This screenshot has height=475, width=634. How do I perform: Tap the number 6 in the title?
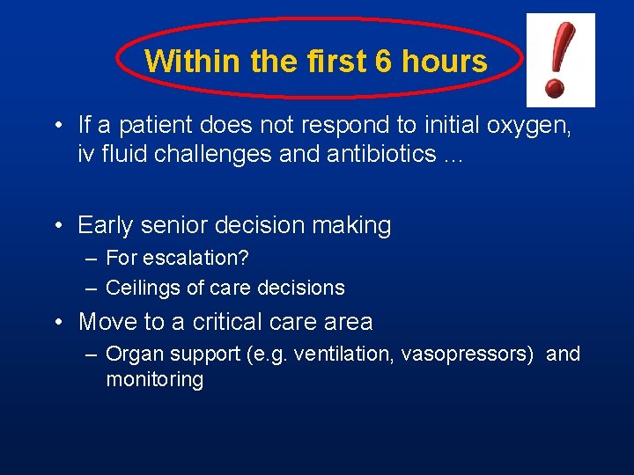(x=383, y=62)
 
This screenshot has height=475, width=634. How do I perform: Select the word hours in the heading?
(x=444, y=62)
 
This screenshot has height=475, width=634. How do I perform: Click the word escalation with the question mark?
(x=192, y=259)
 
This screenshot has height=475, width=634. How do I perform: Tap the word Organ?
(x=132, y=354)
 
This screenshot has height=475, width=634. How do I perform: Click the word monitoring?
(x=154, y=380)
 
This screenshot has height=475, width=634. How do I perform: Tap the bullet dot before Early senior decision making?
(x=57, y=226)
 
